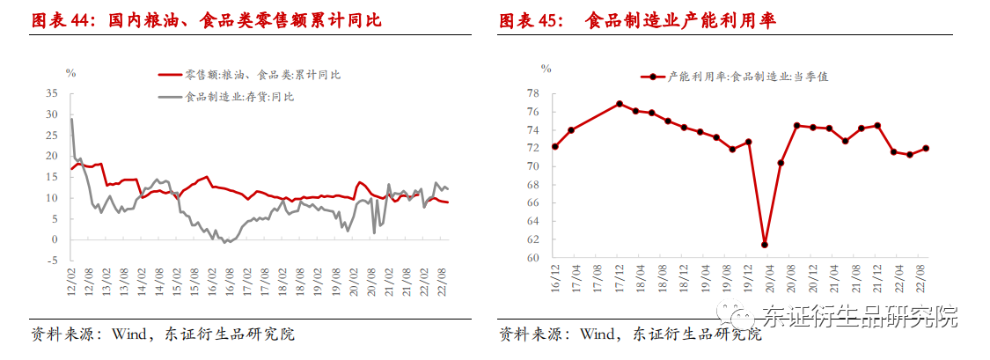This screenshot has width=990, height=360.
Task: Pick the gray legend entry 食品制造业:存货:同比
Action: pos(237,97)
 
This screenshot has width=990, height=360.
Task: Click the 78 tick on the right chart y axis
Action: pos(532,92)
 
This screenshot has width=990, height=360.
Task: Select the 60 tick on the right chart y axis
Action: pos(532,259)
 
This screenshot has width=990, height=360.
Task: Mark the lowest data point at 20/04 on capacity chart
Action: pos(765,245)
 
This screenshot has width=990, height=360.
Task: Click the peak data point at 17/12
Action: pos(620,104)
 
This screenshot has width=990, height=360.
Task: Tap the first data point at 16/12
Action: pos(554,146)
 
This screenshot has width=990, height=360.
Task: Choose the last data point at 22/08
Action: pos(926,148)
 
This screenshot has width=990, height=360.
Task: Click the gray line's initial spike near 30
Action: pos(71,119)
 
